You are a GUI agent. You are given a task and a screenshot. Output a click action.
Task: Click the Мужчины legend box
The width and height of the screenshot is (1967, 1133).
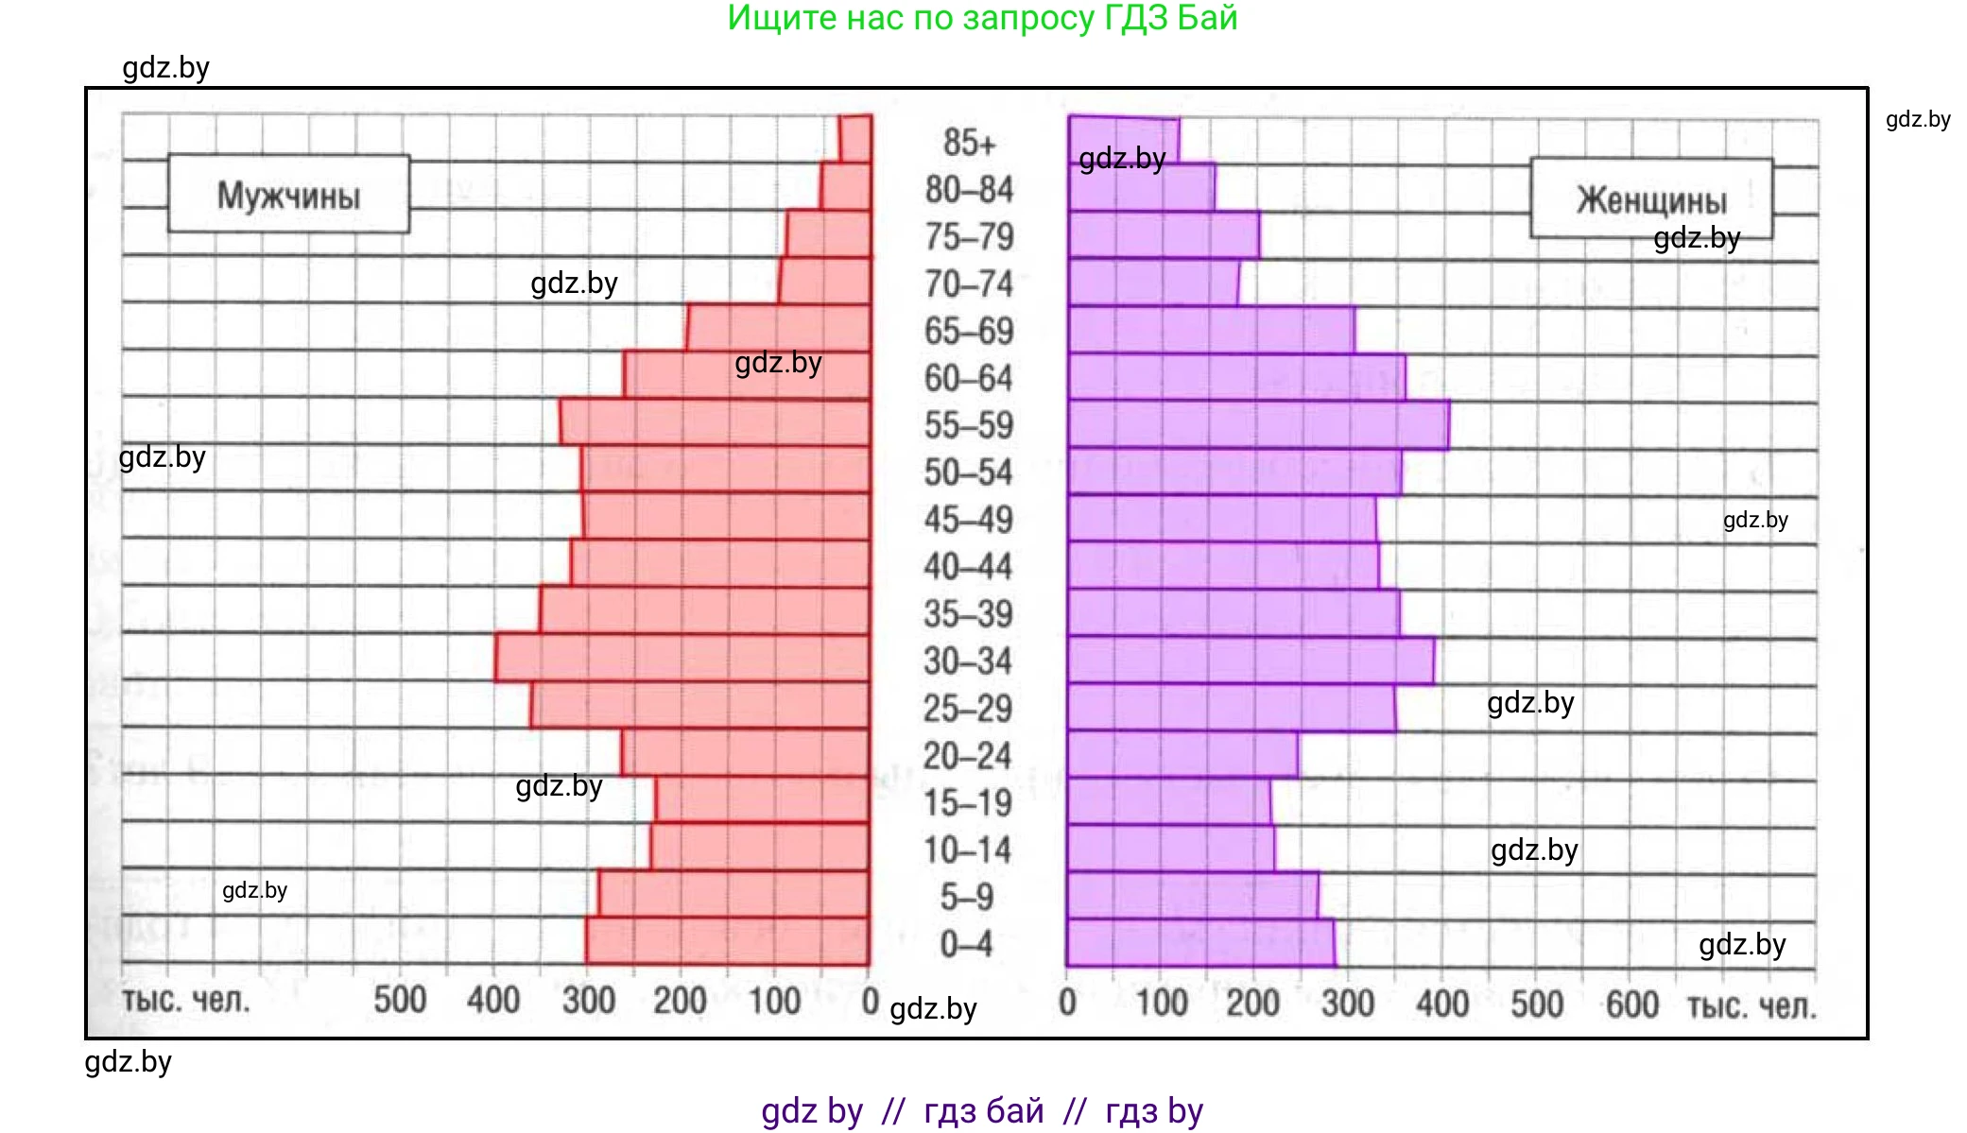(288, 195)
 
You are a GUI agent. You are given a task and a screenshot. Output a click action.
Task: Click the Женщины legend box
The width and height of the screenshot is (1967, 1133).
(1650, 199)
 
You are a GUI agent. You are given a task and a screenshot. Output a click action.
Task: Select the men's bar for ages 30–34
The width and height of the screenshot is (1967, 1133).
(682, 658)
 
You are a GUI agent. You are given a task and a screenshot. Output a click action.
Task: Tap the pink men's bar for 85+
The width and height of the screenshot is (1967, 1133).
(855, 138)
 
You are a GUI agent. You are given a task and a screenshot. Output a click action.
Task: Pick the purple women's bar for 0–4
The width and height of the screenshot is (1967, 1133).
(1200, 943)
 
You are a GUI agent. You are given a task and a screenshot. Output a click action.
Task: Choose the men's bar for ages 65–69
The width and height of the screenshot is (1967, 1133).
(778, 328)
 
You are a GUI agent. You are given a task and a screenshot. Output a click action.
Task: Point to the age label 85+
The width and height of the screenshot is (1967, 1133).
(969, 143)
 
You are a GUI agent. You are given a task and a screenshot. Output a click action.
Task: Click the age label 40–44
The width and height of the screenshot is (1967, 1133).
(968, 566)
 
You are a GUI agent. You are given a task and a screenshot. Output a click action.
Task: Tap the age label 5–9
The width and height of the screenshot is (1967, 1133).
(967, 897)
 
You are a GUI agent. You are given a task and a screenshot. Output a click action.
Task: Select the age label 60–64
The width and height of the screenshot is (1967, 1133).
(968, 378)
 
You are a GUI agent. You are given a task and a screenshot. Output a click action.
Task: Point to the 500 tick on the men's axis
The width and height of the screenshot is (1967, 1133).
(400, 1000)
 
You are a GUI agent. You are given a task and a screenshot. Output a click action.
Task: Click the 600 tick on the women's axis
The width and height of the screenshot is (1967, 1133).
(1631, 1004)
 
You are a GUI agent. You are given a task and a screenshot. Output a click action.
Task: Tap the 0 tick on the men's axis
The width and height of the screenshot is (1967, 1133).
(870, 1000)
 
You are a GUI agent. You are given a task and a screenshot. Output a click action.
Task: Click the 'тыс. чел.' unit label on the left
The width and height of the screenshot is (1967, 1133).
(185, 1000)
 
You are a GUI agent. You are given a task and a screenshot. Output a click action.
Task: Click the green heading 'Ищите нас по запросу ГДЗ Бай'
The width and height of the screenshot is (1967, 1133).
(982, 18)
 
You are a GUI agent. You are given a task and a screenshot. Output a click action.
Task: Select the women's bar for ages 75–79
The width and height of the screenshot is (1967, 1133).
(1164, 235)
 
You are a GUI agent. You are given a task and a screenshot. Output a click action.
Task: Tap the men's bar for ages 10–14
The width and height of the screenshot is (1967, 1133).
(760, 847)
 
